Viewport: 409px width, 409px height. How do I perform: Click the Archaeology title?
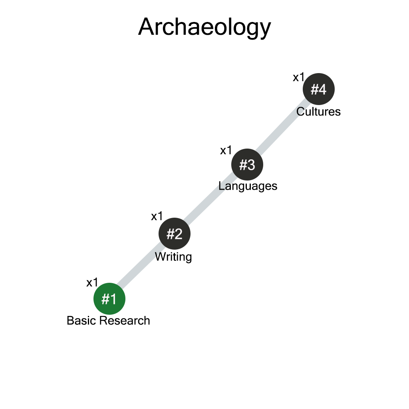coord(204,27)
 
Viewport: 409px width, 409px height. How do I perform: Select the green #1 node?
coord(109,299)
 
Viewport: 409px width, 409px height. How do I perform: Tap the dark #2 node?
coord(175,234)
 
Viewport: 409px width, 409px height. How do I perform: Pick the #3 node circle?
coord(247,165)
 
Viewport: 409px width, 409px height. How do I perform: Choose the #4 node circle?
coord(318,89)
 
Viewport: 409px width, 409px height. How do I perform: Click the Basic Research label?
coord(108,321)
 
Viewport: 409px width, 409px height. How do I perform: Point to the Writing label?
coord(173,256)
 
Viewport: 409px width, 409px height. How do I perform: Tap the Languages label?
coord(248,186)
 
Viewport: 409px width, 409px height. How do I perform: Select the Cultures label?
coord(318,111)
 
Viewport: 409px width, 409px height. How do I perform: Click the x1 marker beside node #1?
coord(92,283)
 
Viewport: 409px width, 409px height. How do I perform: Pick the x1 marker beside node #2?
coord(157,216)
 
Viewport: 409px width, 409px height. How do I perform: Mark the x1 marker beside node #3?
coord(226,151)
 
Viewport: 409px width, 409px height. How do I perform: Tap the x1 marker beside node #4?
coord(299,77)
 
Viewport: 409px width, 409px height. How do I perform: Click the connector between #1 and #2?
coord(142,266)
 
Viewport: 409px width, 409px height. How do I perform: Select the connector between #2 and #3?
coord(211,199)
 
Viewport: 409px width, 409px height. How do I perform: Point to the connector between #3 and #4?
coord(283,127)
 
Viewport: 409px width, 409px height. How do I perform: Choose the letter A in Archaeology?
coord(146,27)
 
